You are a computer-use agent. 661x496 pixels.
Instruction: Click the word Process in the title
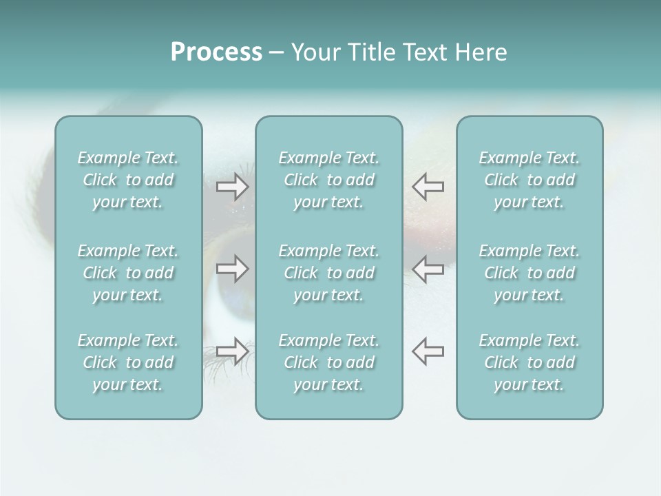pos(216,52)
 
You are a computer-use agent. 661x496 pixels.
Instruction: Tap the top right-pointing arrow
pos(233,187)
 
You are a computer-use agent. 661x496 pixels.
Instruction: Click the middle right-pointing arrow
pos(233,269)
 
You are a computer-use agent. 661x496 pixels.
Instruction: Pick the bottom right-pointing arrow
pos(233,351)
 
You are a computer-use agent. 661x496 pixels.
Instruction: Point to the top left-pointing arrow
pos(428,187)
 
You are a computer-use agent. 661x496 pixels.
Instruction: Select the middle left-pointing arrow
pos(428,269)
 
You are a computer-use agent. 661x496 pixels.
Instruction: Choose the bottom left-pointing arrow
pos(428,351)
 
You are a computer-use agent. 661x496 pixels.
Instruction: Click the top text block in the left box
pos(128,180)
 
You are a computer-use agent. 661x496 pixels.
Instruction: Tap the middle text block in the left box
pos(128,273)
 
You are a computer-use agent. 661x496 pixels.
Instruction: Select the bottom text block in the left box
pos(128,362)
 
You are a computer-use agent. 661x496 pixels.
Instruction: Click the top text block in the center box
pos(329,180)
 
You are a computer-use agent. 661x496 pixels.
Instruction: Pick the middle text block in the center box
pos(329,273)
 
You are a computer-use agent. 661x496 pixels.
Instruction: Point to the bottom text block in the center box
pos(329,362)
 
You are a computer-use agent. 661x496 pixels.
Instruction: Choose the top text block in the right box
pos(529,180)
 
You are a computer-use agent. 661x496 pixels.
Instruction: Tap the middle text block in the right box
pos(529,273)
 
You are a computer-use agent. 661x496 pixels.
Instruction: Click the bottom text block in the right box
pos(529,362)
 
